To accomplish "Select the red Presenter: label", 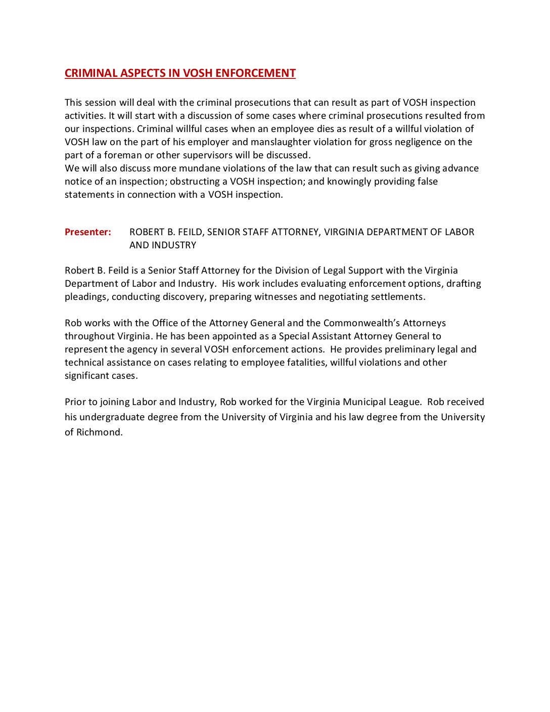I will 88,232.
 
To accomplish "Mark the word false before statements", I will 425,182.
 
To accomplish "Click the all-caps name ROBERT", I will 146,232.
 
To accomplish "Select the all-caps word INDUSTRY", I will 177,245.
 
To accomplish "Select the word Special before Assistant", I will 295,336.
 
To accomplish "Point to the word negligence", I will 418,142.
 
